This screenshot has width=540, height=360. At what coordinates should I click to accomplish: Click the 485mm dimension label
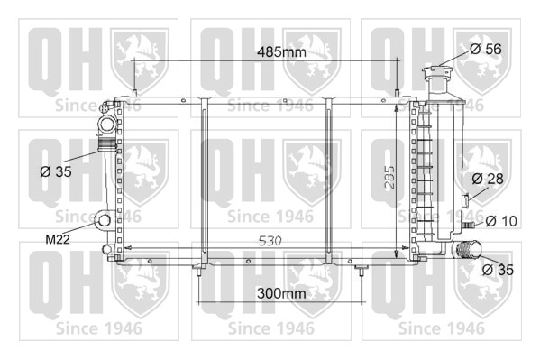point(281,51)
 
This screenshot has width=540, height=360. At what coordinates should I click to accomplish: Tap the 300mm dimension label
point(281,293)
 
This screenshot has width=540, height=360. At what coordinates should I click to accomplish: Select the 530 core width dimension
point(270,241)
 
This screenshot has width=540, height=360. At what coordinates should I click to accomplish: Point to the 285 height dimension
point(389,177)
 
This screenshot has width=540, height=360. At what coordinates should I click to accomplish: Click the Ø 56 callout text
point(486,49)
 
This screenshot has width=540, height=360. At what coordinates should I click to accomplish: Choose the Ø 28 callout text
point(488,179)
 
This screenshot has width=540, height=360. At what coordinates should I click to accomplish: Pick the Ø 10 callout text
point(501,221)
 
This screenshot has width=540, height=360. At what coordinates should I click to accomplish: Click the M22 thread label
point(58,239)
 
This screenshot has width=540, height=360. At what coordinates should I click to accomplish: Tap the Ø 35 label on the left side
point(56,171)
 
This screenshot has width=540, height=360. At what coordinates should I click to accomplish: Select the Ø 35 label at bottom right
point(498,270)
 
